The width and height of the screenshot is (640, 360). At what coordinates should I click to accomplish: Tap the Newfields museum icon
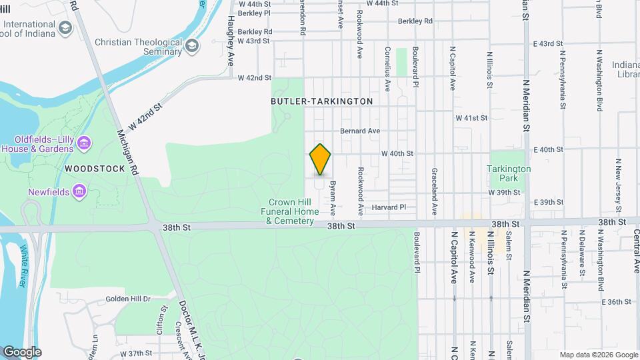(80, 192)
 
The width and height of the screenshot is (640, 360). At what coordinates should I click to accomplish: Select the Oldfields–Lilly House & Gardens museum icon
(84, 143)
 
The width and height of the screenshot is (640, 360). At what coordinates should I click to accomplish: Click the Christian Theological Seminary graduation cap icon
(192, 45)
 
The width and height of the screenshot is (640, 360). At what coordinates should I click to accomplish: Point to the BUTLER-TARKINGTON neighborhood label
(321, 101)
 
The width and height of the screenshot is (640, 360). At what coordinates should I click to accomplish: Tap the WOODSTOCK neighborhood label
(95, 169)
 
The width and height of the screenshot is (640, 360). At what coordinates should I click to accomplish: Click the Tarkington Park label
(509, 173)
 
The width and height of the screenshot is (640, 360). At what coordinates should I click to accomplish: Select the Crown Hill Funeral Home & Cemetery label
(291, 211)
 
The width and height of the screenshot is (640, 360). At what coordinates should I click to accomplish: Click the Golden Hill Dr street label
(128, 299)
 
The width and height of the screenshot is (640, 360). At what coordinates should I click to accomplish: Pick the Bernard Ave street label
(360, 131)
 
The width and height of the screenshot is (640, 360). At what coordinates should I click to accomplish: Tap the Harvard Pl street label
(389, 207)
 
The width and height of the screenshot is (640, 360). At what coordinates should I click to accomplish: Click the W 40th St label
(397, 153)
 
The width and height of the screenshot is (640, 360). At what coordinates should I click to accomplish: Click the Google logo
(21, 352)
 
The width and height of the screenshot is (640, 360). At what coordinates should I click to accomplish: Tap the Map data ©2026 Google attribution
(598, 355)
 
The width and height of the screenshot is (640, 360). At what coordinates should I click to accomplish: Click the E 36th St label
(616, 302)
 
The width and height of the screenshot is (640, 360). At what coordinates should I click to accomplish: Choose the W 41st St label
(471, 118)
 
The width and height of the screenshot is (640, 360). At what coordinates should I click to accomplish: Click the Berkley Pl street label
(254, 13)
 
